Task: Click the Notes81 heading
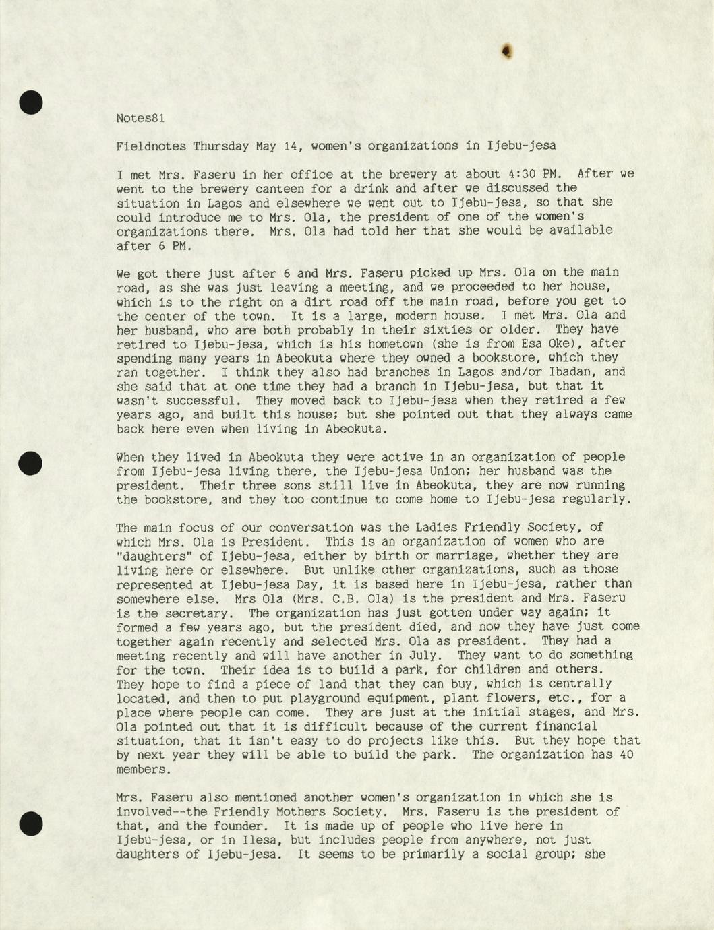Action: click(x=140, y=118)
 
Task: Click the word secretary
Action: click(x=204, y=613)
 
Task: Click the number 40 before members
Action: click(x=626, y=755)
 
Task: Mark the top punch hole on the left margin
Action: click(x=30, y=102)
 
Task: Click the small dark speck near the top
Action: click(x=507, y=50)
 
